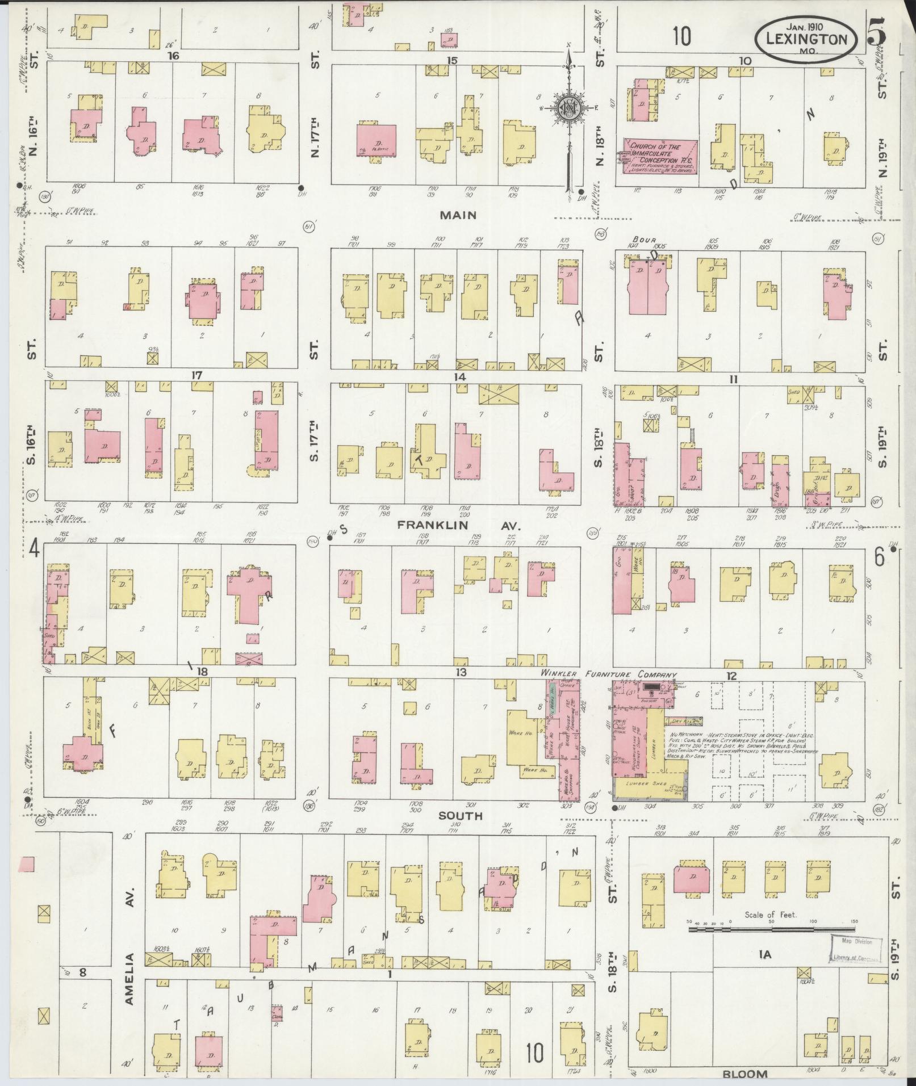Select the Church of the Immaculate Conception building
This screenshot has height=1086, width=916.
(661, 156)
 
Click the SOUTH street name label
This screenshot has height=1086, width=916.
(461, 815)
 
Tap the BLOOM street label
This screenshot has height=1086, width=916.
(744, 1074)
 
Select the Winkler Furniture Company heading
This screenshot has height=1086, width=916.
(610, 674)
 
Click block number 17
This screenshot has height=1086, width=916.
(196, 376)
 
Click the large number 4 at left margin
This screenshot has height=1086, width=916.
(34, 550)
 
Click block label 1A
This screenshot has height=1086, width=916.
(765, 955)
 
